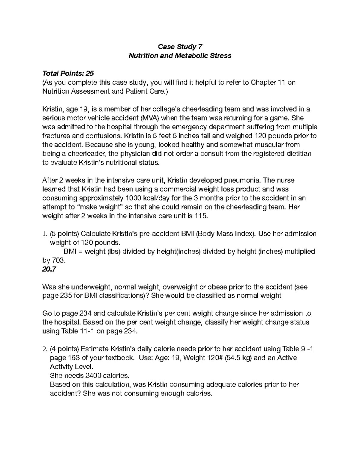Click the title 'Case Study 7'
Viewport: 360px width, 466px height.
click(x=180, y=47)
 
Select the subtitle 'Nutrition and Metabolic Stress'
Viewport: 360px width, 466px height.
click(x=180, y=56)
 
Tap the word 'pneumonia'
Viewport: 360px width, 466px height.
click(x=243, y=180)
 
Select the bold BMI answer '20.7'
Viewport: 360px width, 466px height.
click(x=49, y=269)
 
